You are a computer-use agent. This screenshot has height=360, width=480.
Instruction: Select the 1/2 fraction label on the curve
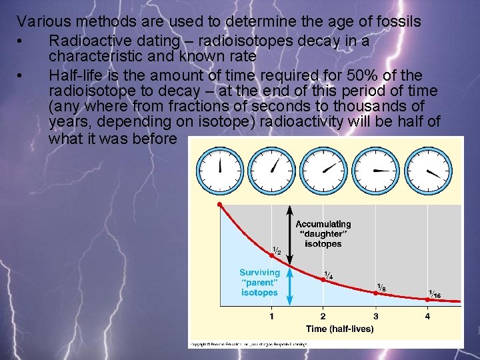(276, 251)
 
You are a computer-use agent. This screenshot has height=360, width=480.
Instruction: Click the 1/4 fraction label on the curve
(329, 275)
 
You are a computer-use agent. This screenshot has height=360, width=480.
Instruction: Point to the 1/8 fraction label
(381, 288)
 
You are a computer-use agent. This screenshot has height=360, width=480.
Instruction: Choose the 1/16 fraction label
(434, 294)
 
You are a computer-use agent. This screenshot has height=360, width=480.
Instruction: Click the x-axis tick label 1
(271, 316)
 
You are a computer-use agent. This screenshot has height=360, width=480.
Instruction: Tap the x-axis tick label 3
(376, 316)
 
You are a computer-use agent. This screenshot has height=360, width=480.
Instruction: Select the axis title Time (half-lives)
(340, 329)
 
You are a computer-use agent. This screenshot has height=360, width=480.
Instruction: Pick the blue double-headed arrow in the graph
(290, 287)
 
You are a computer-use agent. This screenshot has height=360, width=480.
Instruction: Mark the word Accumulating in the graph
(323, 225)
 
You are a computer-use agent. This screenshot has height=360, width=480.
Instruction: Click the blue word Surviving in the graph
(259, 273)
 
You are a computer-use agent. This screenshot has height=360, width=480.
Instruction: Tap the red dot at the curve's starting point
(219, 204)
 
